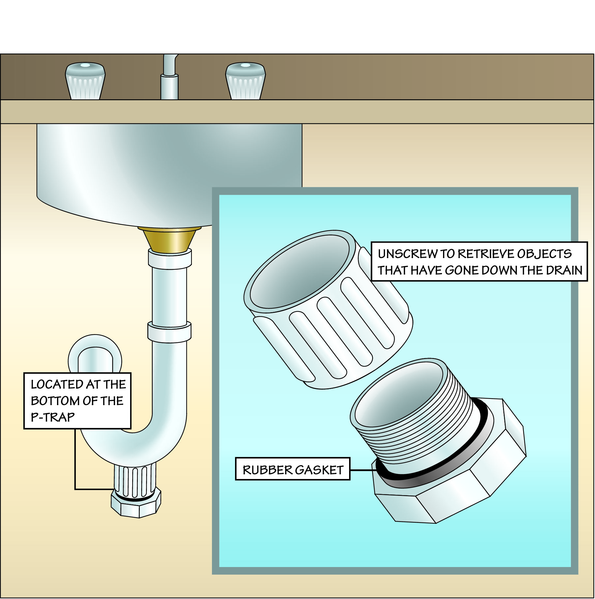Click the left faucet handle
(85, 81)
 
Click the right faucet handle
(245, 81)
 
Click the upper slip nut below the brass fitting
(170, 259)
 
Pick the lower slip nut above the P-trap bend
(169, 332)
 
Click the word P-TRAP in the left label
(53, 417)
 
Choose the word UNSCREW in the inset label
(407, 254)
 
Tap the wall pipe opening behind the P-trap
(95, 358)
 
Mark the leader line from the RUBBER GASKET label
(362, 470)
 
